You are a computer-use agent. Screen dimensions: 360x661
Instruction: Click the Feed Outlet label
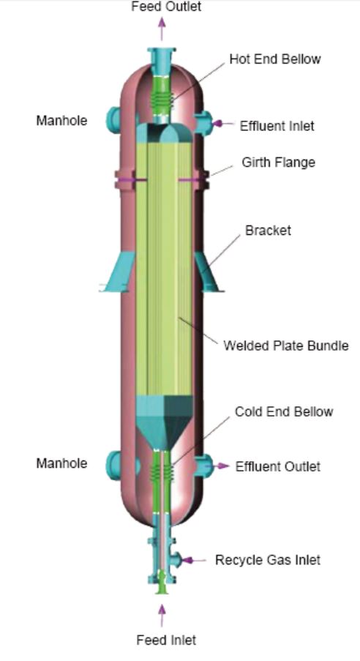(x=166, y=7)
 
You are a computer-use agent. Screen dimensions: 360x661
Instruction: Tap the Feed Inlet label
(x=166, y=640)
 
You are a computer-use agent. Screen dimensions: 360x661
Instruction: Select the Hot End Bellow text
(x=275, y=59)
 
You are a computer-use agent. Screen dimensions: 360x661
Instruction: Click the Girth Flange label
(x=278, y=162)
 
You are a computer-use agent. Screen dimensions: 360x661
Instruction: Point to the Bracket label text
(x=268, y=230)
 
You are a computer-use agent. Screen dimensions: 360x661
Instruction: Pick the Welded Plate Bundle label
(x=286, y=346)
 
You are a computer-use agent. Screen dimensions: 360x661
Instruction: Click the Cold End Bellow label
(x=284, y=411)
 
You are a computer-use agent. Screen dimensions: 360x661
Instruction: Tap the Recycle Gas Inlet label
(x=268, y=560)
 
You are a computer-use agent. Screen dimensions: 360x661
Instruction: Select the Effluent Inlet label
(x=277, y=126)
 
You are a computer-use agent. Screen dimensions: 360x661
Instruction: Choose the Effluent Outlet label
(x=278, y=466)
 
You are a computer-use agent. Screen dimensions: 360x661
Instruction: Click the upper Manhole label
(x=61, y=121)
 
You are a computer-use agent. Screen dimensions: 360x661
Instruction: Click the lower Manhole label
(x=61, y=463)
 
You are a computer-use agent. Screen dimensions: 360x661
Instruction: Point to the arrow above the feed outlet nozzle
(x=162, y=28)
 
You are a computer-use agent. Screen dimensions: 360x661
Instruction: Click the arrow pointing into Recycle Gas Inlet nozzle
(x=193, y=560)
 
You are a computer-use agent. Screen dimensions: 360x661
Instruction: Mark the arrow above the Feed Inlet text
(x=162, y=616)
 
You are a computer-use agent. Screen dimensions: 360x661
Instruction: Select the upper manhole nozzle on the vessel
(x=113, y=120)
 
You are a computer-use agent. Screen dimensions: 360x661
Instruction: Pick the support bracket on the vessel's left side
(x=119, y=272)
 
